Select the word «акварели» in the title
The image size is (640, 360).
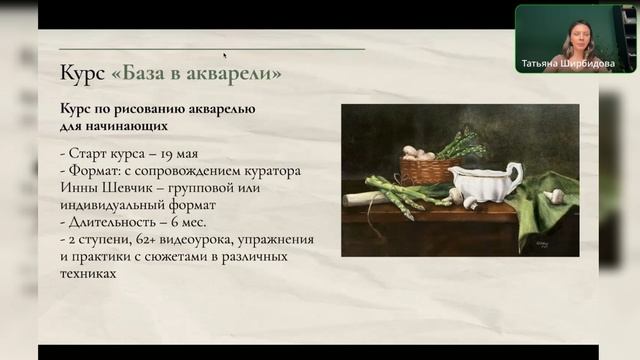tap(238, 73)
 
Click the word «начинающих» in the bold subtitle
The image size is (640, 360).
tap(125, 127)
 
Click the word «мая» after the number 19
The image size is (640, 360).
tap(183, 154)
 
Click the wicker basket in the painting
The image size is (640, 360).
tap(430, 170)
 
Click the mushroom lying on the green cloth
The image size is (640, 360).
tap(556, 196)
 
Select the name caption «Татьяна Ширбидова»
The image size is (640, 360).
tap(569, 63)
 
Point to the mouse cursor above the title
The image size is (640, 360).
tap(225, 56)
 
